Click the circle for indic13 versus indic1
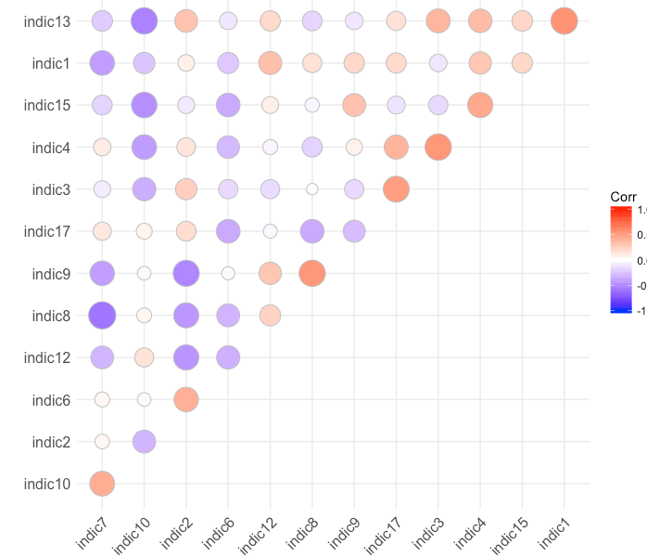(564, 20)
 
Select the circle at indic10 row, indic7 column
(102, 483)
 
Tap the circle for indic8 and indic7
(102, 316)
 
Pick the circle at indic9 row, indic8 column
(312, 273)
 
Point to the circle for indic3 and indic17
(396, 189)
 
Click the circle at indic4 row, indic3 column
(438, 147)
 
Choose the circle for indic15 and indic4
(480, 105)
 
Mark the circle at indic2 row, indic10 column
(144, 441)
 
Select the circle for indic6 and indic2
(185, 399)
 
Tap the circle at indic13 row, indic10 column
(144, 20)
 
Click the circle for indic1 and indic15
(522, 63)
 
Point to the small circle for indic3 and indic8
(312, 189)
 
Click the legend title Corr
(623, 197)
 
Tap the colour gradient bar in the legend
(620, 259)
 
